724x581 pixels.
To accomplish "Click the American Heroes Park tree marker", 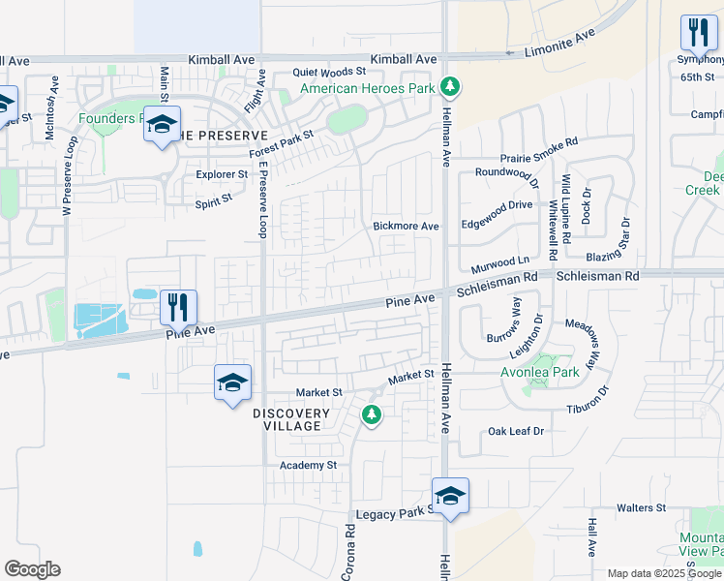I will coord(449,88).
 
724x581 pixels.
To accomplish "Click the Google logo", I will coord(32,569).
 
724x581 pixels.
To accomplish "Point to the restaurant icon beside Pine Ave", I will coord(178,308).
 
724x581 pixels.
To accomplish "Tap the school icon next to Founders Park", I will coord(163,126).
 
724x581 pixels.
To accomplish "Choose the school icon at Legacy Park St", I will coord(450,497).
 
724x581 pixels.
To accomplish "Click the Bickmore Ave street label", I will coord(407,226).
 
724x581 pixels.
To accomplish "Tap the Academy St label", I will coord(308,465).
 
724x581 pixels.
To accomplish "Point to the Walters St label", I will coord(642,507).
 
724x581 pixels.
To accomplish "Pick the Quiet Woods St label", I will coord(330,72).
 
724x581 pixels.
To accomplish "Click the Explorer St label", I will coord(222,174).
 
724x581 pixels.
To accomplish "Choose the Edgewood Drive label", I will coord(497,204).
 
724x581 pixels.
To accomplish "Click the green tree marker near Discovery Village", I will coord(371,415).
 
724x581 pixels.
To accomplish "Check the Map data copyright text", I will coord(665,573).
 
